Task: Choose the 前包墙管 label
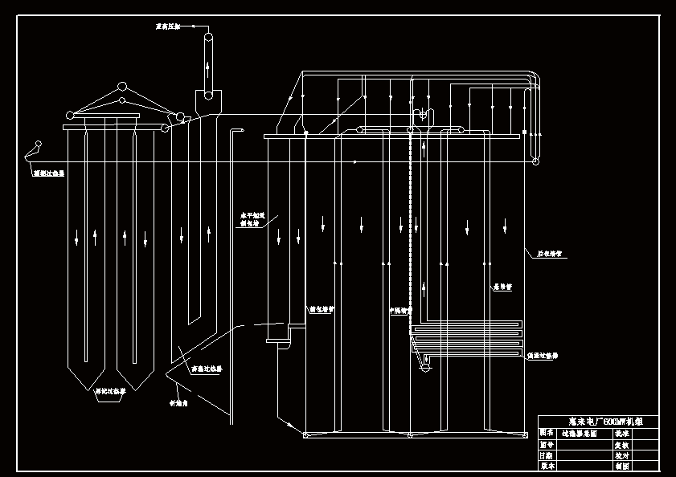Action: (x=321, y=308)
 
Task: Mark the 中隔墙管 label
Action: (x=399, y=309)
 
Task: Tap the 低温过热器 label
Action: (x=543, y=355)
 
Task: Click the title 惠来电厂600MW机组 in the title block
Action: (x=597, y=421)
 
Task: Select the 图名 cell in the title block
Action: (x=547, y=432)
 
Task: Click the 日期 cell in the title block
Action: (x=547, y=455)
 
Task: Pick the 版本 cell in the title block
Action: (x=547, y=465)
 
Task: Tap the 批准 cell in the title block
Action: (x=621, y=432)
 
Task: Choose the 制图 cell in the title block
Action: (x=621, y=465)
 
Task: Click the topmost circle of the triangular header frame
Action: (x=122, y=86)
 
